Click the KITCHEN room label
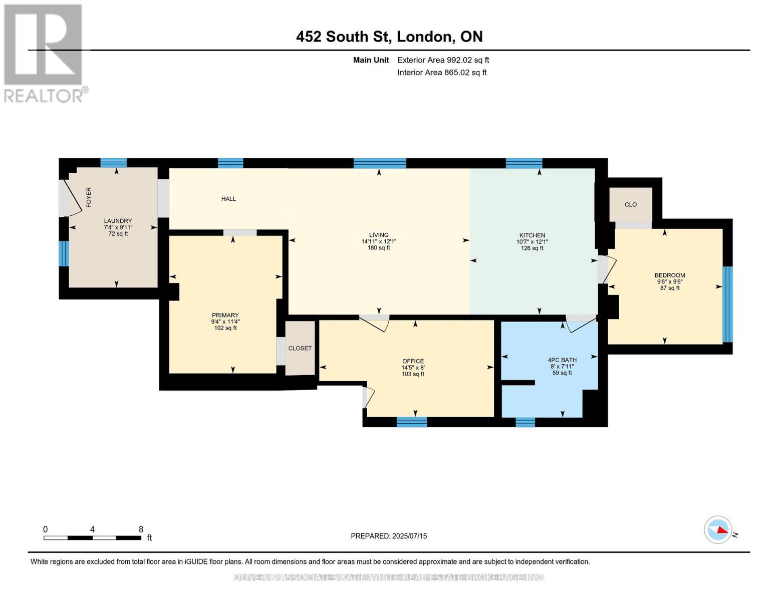tap(532, 235)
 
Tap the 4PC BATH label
tap(562, 360)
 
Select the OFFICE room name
tap(413, 361)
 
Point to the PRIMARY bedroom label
tap(225, 316)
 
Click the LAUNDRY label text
tap(118, 221)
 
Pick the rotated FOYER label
tap(89, 197)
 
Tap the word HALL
tap(228, 199)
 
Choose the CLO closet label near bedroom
tap(631, 204)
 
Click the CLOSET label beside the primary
tap(300, 348)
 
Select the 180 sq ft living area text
tap(379, 248)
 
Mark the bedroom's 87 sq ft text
tap(669, 288)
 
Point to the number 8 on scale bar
tap(141, 529)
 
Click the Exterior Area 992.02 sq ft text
tap(443, 60)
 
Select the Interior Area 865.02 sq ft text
tap(442, 72)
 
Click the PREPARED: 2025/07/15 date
tap(389, 536)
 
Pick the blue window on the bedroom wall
tap(727, 305)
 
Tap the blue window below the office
tap(412, 422)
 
